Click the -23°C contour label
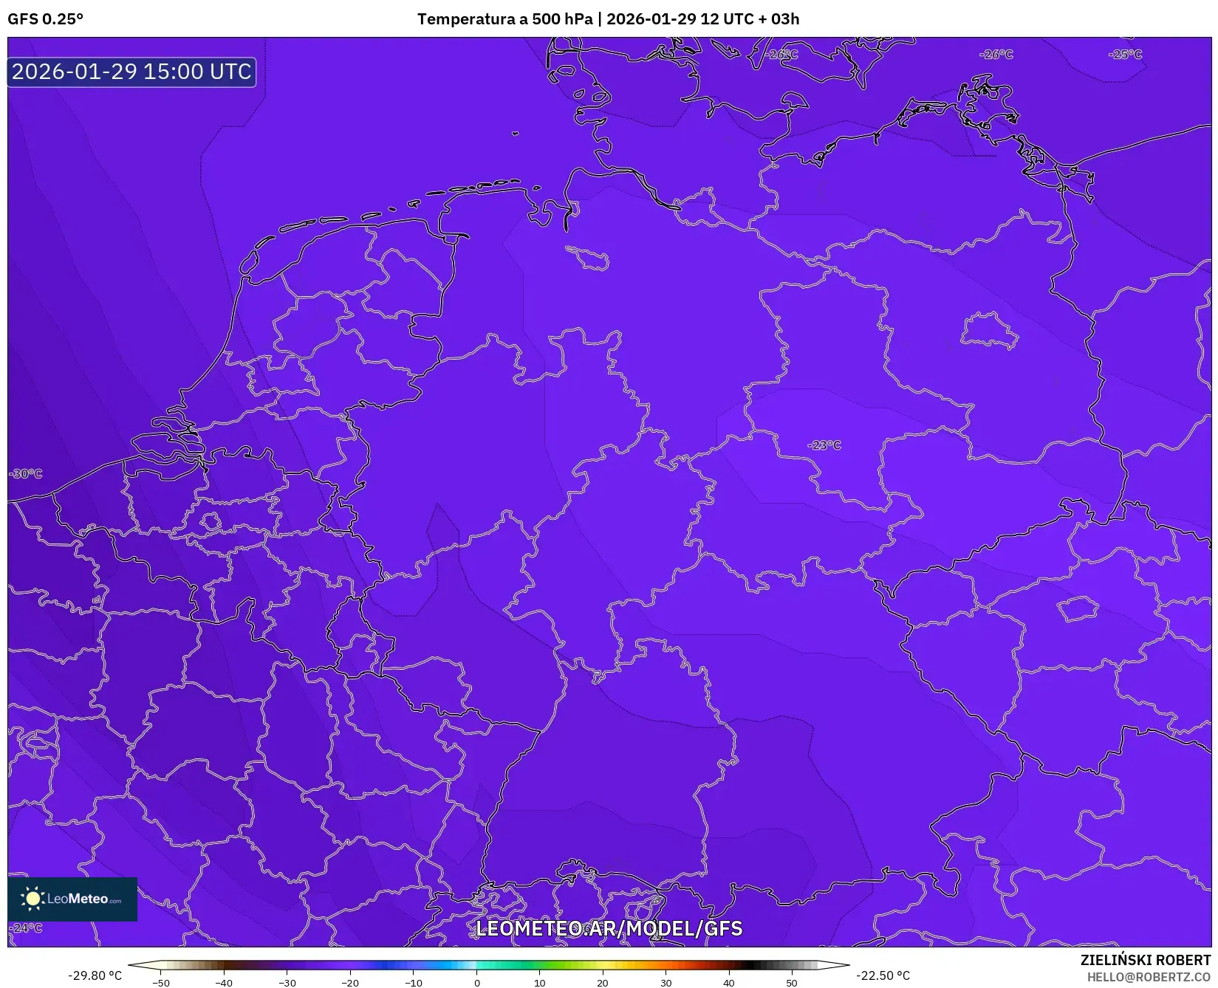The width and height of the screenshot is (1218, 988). (824, 445)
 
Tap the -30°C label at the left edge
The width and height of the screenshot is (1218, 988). (26, 473)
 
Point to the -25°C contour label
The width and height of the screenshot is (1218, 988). (1125, 54)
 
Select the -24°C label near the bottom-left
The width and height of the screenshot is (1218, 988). (26, 927)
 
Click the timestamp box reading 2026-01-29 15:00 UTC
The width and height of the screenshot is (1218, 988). (131, 72)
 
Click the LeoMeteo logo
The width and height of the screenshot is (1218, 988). (72, 899)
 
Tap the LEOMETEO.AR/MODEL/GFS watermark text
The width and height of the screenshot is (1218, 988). (609, 928)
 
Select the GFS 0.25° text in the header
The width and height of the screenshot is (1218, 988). (45, 19)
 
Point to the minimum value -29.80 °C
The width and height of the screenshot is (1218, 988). (95, 975)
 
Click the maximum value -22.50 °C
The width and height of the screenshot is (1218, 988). (883, 975)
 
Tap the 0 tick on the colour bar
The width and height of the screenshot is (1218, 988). (476, 983)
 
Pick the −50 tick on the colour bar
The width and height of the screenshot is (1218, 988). (160, 983)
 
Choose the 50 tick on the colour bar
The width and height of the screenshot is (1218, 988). (792, 983)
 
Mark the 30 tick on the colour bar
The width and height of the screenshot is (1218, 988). (666, 983)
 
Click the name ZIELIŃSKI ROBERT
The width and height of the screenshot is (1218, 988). (1146, 960)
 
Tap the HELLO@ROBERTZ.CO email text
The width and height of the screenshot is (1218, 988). (1149, 977)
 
